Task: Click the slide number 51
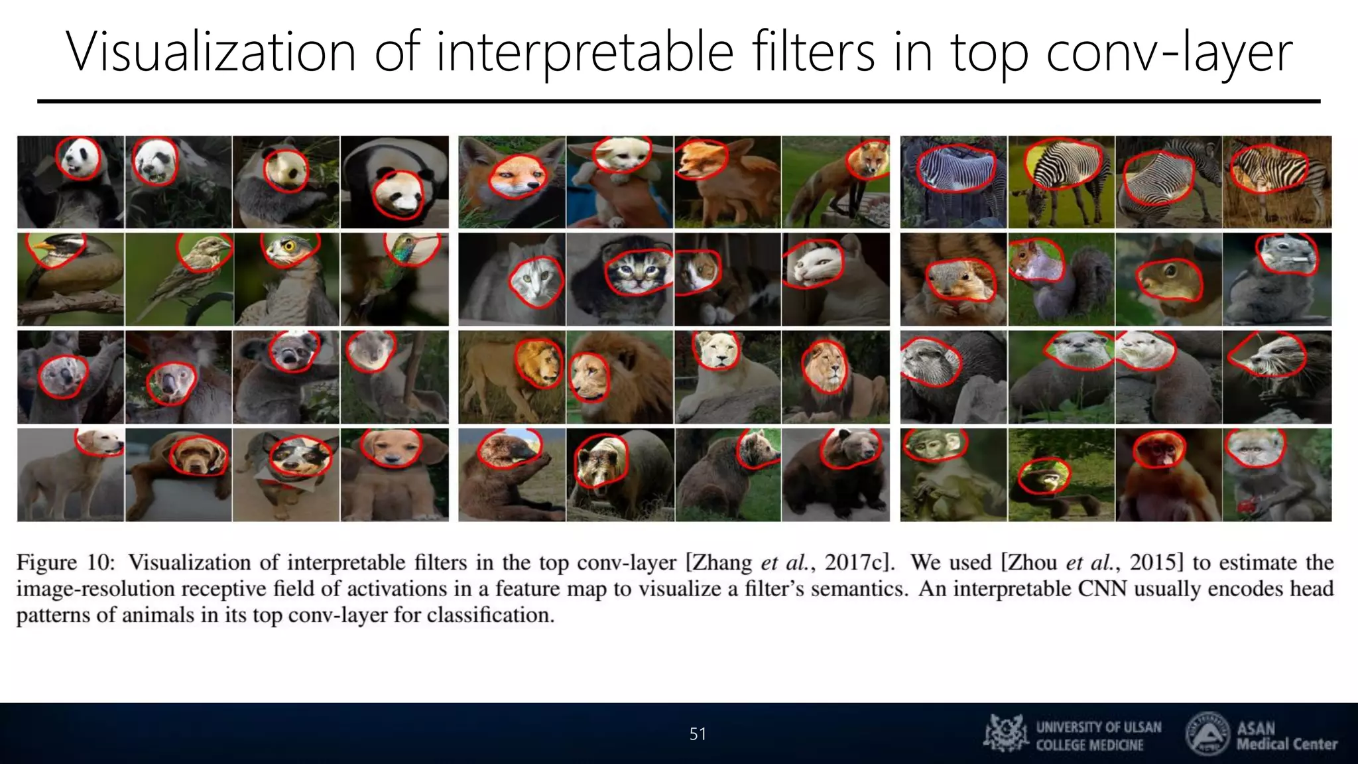coord(698,733)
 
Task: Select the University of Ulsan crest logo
coord(1007,733)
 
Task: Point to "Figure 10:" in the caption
coord(65,562)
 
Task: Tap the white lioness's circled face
coord(716,350)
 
